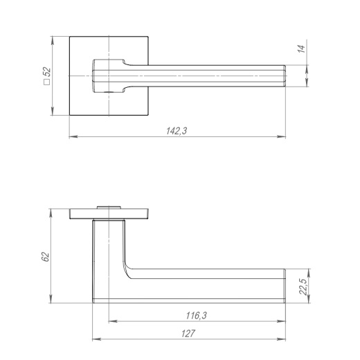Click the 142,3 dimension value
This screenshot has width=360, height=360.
[177, 131]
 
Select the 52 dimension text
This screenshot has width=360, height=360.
[47, 72]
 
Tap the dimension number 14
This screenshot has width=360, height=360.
[301, 49]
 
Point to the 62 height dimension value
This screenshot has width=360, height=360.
[46, 257]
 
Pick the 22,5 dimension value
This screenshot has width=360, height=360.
[303, 287]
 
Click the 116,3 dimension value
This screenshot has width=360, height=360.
[197, 316]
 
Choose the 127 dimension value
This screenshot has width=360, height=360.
[188, 334]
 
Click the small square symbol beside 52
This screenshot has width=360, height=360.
[47, 82]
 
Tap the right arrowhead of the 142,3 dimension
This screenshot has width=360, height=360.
[282, 136]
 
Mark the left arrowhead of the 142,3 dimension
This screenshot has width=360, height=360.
[73, 136]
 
